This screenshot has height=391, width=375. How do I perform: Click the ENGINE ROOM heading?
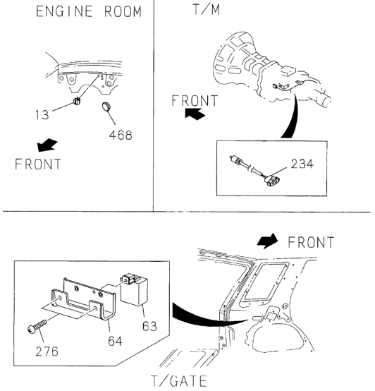[x=89, y=11]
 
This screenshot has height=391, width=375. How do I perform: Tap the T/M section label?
[x=207, y=9]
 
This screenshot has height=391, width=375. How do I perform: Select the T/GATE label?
[x=179, y=381]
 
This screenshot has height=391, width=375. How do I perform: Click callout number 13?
[x=42, y=115]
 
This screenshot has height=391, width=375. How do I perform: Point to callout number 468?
[x=121, y=135]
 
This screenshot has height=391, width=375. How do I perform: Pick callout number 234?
[x=302, y=164]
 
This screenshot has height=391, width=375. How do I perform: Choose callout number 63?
[x=149, y=326]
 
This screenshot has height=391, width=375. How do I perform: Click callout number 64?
[x=115, y=341]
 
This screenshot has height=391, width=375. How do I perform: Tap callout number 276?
[x=47, y=351]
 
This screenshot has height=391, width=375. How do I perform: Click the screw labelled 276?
[x=37, y=326]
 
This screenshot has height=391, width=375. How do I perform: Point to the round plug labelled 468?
[x=106, y=106]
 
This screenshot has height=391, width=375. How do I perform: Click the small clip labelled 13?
[x=77, y=101]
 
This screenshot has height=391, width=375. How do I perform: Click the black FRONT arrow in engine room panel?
[x=47, y=145]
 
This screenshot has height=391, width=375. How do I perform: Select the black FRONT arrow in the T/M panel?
[x=195, y=114]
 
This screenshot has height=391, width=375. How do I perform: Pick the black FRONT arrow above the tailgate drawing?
[x=267, y=241]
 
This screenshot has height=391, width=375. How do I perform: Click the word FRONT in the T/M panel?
[x=195, y=100]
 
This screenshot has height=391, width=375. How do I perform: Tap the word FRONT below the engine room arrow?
[x=38, y=164]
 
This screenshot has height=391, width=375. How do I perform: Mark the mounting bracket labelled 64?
[x=84, y=301]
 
